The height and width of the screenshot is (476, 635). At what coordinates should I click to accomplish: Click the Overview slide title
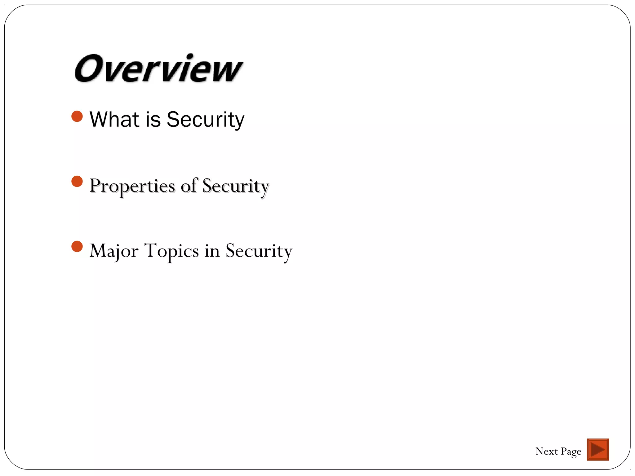(x=158, y=69)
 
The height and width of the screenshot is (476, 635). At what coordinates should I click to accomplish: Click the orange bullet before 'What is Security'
(x=77, y=117)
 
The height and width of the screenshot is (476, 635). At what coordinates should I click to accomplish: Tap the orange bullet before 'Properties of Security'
(x=77, y=182)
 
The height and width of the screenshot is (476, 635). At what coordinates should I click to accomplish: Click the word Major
(x=113, y=251)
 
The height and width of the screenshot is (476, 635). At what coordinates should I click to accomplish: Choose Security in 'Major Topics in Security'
(x=259, y=251)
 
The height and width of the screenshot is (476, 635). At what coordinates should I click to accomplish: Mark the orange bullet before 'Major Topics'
(x=77, y=247)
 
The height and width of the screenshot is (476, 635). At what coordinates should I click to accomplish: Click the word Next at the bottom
(x=546, y=451)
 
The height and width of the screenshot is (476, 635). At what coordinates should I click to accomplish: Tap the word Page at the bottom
(x=571, y=452)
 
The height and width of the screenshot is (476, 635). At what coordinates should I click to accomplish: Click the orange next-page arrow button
(x=597, y=449)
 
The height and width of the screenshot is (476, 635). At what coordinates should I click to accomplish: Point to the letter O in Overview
(x=89, y=69)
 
